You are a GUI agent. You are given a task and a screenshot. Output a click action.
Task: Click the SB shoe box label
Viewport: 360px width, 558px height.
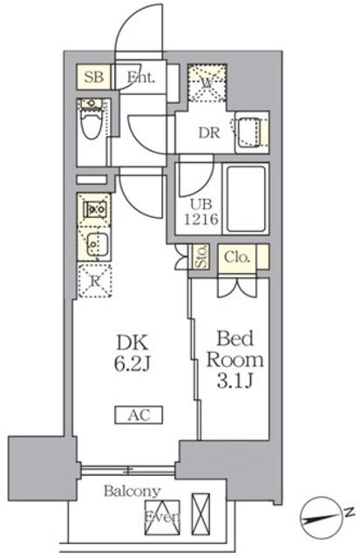pyautogui.click(x=94, y=77)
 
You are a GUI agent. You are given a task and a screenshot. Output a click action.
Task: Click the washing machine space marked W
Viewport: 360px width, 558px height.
pyautogui.click(x=207, y=85)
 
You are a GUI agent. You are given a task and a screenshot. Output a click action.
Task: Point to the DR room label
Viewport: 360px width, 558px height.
pyautogui.click(x=209, y=133)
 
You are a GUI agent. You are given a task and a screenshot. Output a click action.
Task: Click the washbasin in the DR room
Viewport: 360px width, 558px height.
pyautogui.click(x=250, y=132)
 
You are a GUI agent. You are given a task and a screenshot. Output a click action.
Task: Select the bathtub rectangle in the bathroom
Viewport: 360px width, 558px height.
pyautogui.click(x=248, y=197)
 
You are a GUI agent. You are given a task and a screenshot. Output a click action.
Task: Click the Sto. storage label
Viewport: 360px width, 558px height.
pyautogui.click(x=201, y=258)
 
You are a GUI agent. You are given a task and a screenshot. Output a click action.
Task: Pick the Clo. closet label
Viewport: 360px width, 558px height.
pyautogui.click(x=236, y=257)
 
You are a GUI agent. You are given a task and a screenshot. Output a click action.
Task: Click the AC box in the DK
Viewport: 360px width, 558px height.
pyautogui.click(x=133, y=415)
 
